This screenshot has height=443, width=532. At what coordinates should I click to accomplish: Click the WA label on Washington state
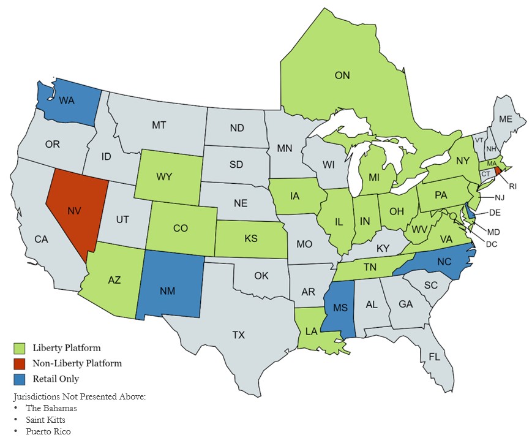(67, 101)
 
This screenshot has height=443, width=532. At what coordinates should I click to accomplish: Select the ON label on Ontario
(342, 76)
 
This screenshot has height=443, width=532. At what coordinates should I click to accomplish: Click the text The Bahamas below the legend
(51, 408)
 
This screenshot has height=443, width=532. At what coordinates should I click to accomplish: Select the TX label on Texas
(238, 335)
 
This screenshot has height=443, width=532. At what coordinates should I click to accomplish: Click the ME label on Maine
(506, 119)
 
